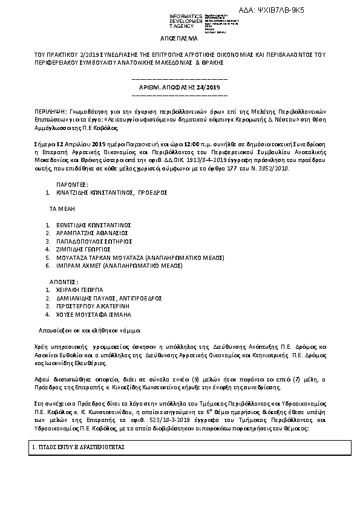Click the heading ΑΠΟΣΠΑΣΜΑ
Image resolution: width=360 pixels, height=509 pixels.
[180, 37]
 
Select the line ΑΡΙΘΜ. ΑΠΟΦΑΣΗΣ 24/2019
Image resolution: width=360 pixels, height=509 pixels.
[179, 87]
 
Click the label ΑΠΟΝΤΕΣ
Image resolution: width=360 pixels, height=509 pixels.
[64, 281]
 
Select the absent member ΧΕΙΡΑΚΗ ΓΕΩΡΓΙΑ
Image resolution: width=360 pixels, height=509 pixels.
[80, 290]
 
